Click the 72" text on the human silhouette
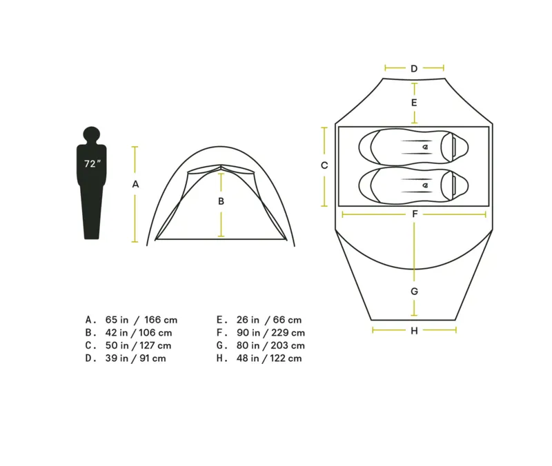pos(92,163)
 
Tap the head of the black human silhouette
pos(92,134)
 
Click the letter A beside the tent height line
pos(135,184)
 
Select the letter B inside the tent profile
pos(221,201)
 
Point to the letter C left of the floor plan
pos(324,165)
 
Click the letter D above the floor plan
pos(414,68)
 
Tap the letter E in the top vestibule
pos(414,103)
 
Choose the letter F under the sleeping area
pos(415,214)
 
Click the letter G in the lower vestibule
pos(415,291)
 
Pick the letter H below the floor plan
pos(414,331)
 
